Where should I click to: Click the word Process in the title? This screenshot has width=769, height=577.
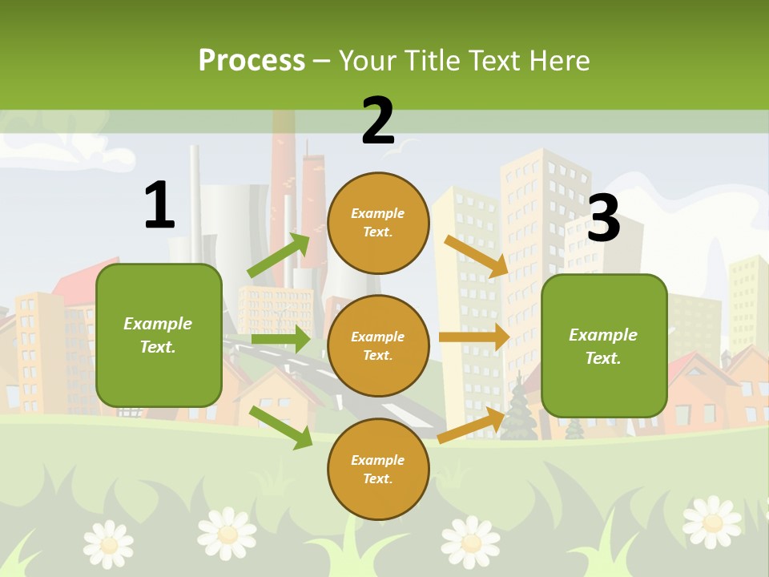[x=252, y=61]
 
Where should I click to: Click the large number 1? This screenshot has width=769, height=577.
[x=159, y=205]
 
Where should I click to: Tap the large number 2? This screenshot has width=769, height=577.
[x=378, y=121]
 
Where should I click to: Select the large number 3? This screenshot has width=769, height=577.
[x=603, y=219]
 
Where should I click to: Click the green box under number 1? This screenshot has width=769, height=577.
[x=159, y=335]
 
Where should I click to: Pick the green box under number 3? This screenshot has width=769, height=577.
[x=603, y=345]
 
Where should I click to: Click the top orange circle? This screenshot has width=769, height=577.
[x=378, y=223]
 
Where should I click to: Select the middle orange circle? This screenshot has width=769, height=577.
[x=378, y=345]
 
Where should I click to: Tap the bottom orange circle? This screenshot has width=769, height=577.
[x=378, y=469]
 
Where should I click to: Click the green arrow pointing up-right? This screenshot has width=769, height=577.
[x=279, y=256]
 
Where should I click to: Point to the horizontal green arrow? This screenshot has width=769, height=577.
[x=280, y=339]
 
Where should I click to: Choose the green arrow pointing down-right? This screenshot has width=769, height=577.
[x=280, y=427]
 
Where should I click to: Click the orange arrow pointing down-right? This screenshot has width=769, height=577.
[x=477, y=256]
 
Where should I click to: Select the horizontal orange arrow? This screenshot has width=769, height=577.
[x=474, y=337]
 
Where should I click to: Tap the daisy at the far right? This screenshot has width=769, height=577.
[x=711, y=521]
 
